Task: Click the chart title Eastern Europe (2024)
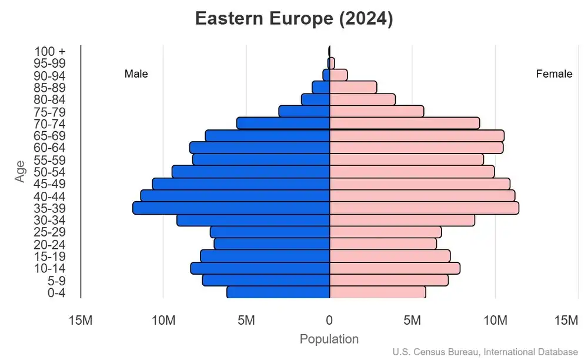pos(293,19)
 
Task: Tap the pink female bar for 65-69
pos(416,136)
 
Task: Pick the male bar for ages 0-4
pos(278,292)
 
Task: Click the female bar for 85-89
pos(353,87)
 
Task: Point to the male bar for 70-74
pos(283,123)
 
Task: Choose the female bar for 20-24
pos(383,244)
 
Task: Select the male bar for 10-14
pos(260,268)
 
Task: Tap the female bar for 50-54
pos(412,172)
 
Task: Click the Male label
pos(136,74)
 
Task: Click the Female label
pos(554,74)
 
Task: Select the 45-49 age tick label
pos(49,184)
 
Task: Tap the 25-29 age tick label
pos(49,232)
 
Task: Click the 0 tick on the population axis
pos(329,320)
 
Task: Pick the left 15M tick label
pos(81,320)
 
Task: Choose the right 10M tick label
pos(495,320)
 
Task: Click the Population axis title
pos(329,339)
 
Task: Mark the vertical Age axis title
pos(21,171)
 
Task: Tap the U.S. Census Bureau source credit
pos(485,352)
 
